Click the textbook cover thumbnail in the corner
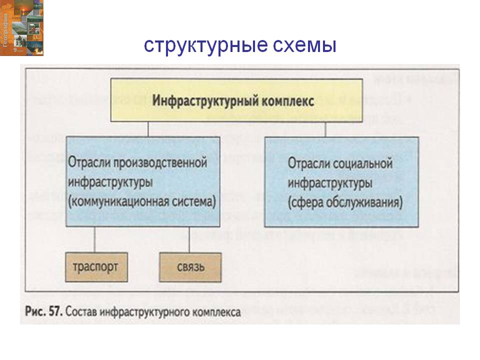coord(21,27)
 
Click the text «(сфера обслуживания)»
coord(345,202)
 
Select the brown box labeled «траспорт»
coord(95,266)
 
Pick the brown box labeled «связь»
coord(190,266)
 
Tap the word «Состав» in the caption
coord(81,311)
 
